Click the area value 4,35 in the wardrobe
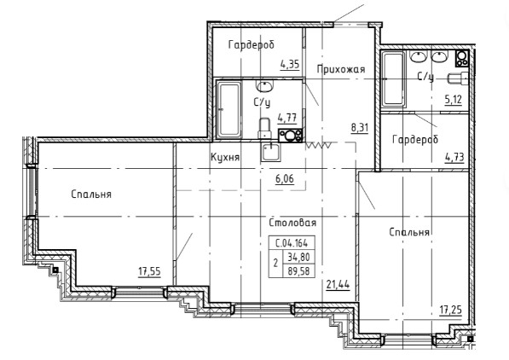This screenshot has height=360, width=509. [290, 64]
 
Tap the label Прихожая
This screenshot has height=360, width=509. [341, 69]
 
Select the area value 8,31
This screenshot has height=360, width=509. [360, 128]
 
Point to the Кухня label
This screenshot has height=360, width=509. [225, 158]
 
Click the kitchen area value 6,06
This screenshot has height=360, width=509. [285, 178]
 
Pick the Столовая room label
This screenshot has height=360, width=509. [292, 223]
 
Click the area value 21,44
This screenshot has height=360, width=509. [338, 285]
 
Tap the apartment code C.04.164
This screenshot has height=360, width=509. [292, 243]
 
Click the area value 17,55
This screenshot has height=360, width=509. [150, 271]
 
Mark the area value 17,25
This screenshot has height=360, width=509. [450, 311]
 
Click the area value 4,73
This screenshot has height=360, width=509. [454, 158]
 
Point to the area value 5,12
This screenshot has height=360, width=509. [454, 99]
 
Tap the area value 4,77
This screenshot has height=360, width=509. [287, 117]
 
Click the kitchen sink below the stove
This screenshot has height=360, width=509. [270, 152]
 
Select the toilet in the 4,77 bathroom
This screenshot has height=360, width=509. [265, 128]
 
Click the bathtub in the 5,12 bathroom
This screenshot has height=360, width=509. [393, 79]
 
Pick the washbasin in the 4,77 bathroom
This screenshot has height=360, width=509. [264, 86]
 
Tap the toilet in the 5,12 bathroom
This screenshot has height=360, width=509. [459, 78]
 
